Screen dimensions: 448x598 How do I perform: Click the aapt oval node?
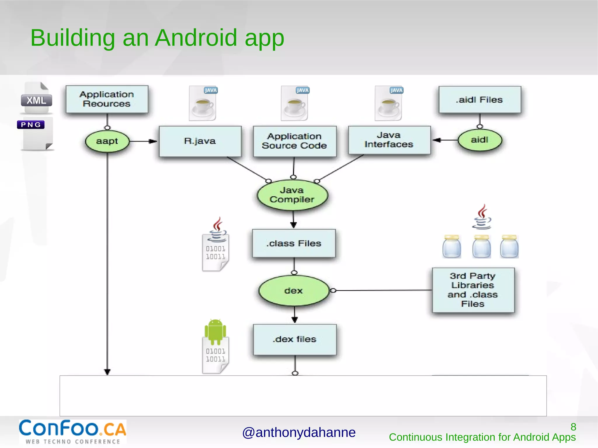(x=107, y=141)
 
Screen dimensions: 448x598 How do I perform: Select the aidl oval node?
(x=480, y=140)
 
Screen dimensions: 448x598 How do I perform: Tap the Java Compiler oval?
(x=292, y=195)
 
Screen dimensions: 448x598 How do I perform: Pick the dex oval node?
(x=294, y=291)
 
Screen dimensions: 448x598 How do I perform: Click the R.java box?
(x=200, y=141)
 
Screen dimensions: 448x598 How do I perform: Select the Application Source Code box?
(x=295, y=141)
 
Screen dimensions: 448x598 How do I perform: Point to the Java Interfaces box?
(x=389, y=140)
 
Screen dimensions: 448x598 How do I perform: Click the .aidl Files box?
(x=480, y=100)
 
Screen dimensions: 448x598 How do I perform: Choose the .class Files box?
(x=294, y=243)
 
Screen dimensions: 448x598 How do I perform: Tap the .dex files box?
(x=295, y=339)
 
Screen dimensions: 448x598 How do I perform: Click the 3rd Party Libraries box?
(x=473, y=290)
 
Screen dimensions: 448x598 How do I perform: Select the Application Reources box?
(x=107, y=99)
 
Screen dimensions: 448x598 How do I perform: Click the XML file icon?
(x=36, y=99)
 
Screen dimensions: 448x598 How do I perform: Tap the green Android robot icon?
(x=215, y=332)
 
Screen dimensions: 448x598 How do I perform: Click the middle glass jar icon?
(x=481, y=247)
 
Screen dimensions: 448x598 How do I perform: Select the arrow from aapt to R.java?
(x=143, y=141)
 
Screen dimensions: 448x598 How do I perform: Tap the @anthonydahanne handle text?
(x=299, y=433)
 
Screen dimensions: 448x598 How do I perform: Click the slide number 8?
(x=573, y=427)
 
